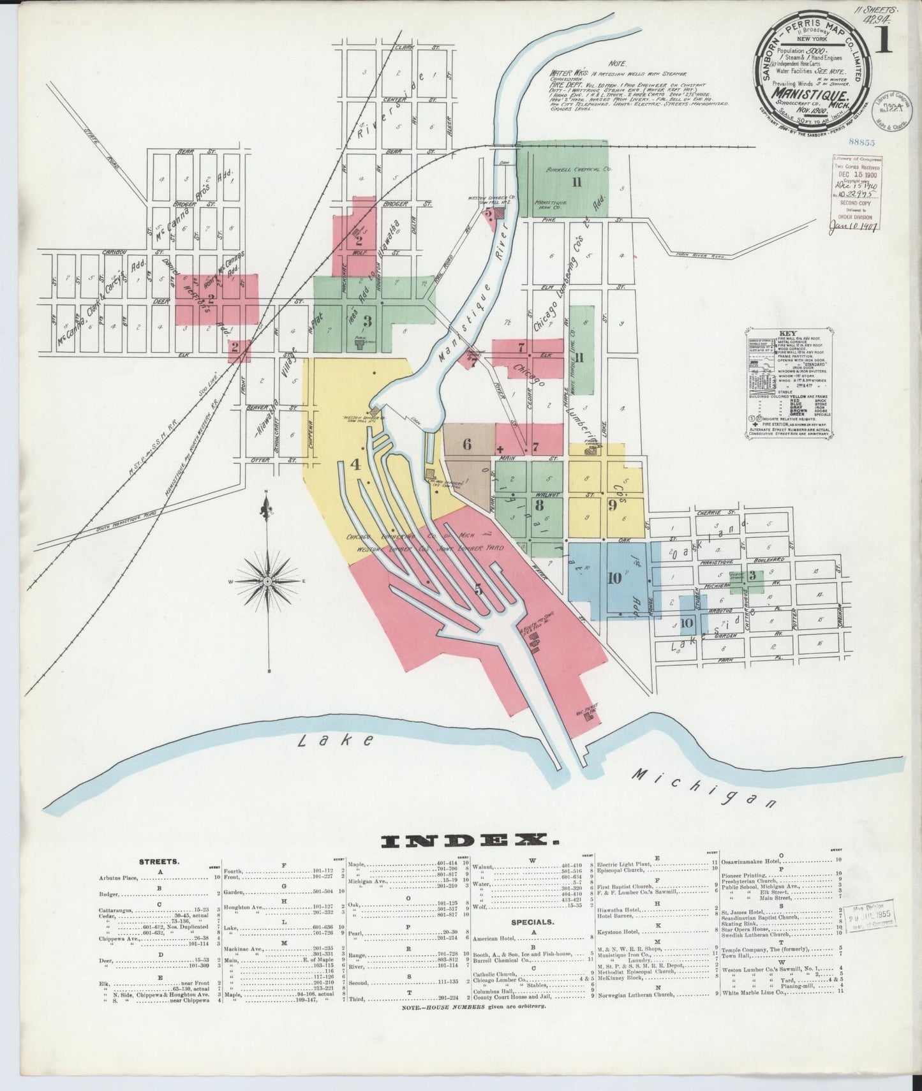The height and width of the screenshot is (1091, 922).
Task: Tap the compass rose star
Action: coord(268,581)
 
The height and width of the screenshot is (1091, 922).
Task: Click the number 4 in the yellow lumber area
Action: coord(355,465)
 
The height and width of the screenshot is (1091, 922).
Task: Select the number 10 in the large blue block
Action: coord(614,579)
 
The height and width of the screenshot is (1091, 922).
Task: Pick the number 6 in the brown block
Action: coord(468,445)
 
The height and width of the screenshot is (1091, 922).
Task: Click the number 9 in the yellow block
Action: coord(612,506)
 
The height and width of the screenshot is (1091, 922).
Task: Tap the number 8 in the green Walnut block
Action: coord(540,506)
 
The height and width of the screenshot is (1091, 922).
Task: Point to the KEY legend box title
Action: coord(789,333)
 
